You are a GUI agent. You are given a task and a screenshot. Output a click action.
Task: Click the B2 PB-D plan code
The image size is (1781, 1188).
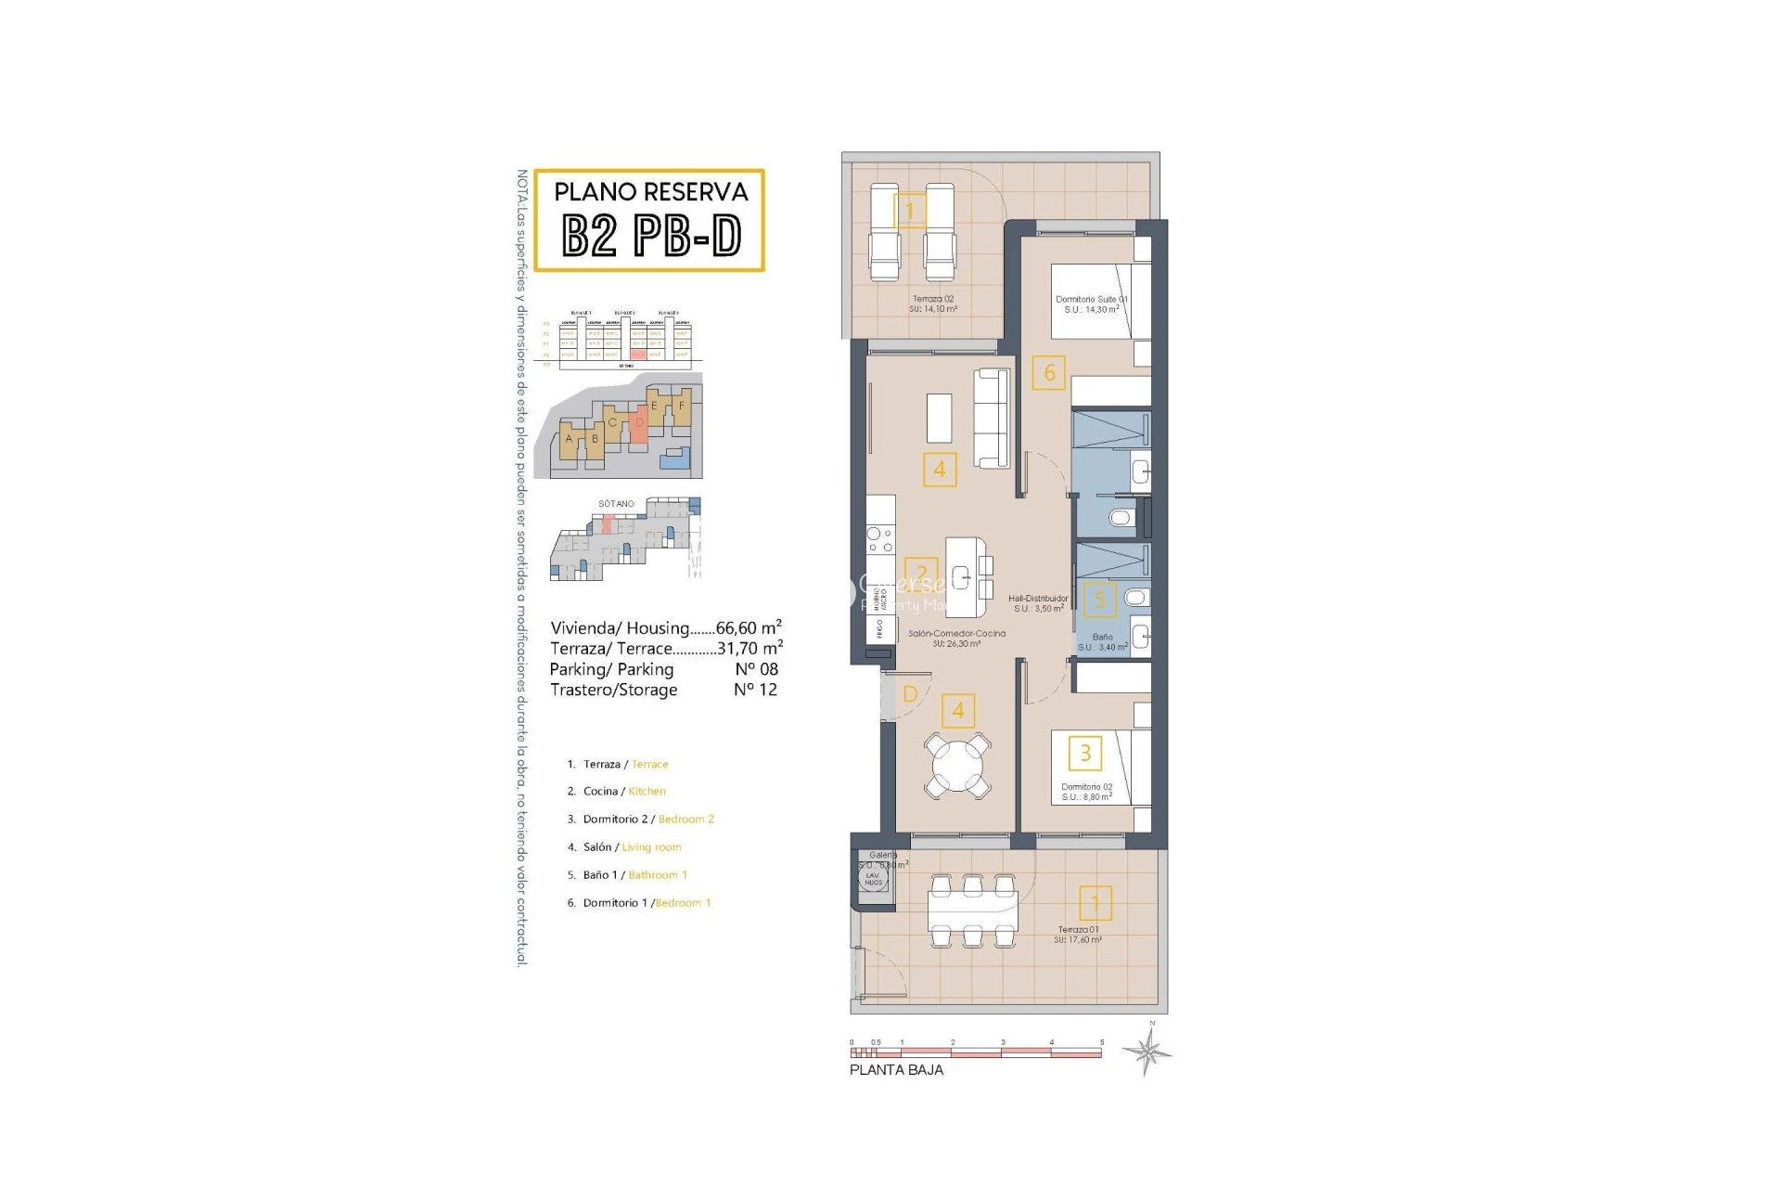pyautogui.click(x=651, y=236)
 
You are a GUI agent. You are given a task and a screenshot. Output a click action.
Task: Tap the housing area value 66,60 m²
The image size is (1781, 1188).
pyautogui.click(x=749, y=627)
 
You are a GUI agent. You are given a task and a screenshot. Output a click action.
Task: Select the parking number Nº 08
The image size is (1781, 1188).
pyautogui.click(x=756, y=669)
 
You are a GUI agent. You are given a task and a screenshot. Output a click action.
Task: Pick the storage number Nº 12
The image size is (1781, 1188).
pyautogui.click(x=755, y=690)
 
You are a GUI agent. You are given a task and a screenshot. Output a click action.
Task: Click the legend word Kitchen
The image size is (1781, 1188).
pyautogui.click(x=647, y=792)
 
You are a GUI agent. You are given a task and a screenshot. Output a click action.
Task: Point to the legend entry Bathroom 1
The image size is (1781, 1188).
pyautogui.click(x=657, y=875)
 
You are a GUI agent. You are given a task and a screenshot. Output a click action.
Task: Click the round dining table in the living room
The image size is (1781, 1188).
pyautogui.click(x=958, y=765)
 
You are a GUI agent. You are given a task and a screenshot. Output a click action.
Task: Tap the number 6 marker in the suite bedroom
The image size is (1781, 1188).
pyautogui.click(x=1049, y=373)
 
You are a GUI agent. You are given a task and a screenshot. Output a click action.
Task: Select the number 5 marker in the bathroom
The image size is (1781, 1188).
pyautogui.click(x=1100, y=600)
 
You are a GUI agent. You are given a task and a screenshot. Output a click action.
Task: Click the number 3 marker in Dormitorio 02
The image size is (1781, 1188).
pyautogui.click(x=1085, y=753)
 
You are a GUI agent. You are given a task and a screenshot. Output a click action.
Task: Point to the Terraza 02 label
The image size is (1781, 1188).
pyautogui.click(x=932, y=300)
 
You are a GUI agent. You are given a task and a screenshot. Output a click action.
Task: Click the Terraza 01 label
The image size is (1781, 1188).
pyautogui.click(x=1078, y=929)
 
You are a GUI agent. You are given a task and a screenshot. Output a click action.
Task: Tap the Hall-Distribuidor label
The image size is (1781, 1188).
pyautogui.click(x=1038, y=599)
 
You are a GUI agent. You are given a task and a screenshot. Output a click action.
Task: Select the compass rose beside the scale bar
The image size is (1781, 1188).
pyautogui.click(x=1147, y=1052)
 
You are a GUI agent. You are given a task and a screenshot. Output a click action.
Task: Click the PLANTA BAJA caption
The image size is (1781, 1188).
pyautogui.click(x=896, y=1070)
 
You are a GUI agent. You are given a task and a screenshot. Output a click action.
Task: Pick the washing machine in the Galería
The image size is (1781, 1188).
pyautogui.click(x=873, y=878)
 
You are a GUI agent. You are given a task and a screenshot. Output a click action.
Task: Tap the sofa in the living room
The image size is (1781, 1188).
pyautogui.click(x=992, y=419)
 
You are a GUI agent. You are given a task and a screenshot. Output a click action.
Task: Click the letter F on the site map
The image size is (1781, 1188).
pyautogui.click(x=682, y=406)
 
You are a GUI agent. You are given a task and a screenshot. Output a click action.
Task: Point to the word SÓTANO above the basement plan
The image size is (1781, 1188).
pyautogui.click(x=616, y=504)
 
